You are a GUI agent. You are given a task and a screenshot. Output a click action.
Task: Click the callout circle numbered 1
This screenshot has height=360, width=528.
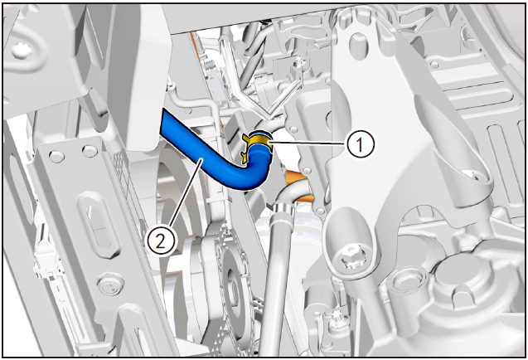pos(360,144)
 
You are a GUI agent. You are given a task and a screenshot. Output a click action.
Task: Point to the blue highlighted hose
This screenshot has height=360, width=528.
pos(216,153)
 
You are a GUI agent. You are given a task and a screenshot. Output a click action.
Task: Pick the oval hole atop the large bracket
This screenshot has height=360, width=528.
pos(356,41)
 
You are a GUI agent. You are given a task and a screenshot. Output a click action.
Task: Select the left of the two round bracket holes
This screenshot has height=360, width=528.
pos(56,157)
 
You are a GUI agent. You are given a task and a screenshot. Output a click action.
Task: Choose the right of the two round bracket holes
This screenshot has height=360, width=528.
pos(90,151)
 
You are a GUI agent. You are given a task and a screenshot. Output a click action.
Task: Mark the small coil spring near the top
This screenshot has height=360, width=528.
pos(211,65)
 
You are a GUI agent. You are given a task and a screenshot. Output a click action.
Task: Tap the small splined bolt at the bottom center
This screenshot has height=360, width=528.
pos(334,318)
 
